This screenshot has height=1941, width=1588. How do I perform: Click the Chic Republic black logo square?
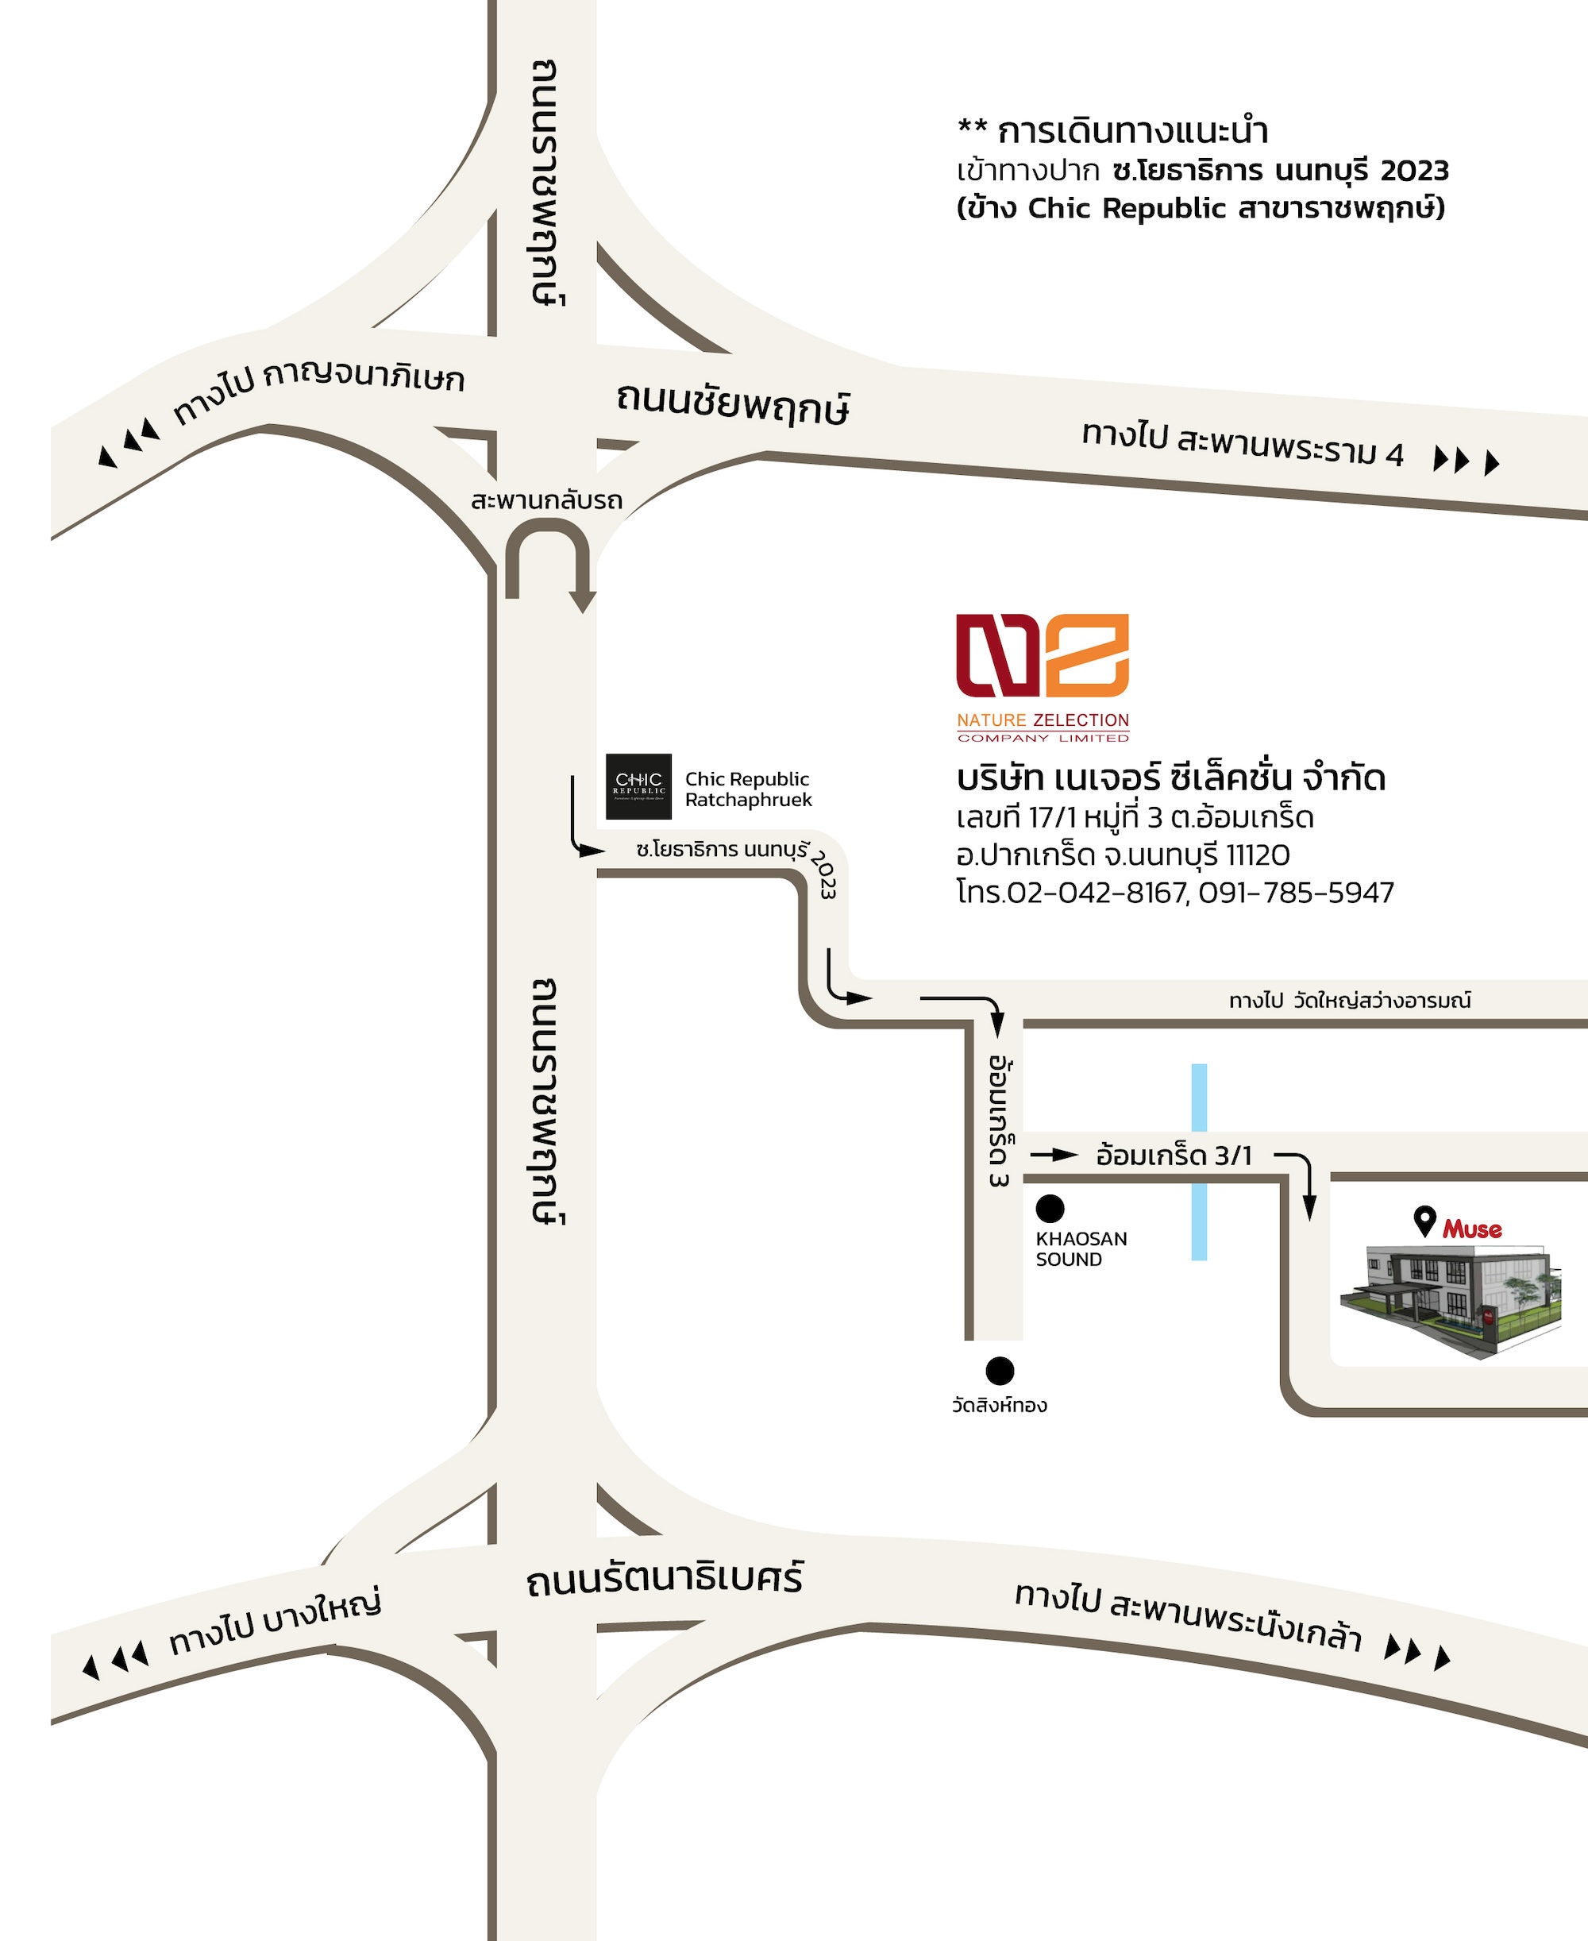(x=638, y=786)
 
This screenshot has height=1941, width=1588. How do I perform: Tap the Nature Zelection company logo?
(x=1043, y=677)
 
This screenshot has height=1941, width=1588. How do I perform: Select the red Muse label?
(x=1472, y=1229)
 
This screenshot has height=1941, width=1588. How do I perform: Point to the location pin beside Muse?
(x=1424, y=1221)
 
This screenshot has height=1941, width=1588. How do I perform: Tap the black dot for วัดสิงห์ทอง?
(x=1000, y=1370)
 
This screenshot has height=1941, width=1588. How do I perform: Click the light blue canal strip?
(x=1198, y=1162)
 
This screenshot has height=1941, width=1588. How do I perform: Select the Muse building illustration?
(x=1450, y=1300)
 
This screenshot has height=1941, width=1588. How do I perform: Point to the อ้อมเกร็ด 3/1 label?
(x=1174, y=1156)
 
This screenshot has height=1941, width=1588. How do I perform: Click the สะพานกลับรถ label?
(x=546, y=500)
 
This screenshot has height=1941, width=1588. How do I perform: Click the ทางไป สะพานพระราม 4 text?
(x=1243, y=445)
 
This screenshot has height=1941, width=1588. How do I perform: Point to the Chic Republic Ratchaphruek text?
(x=748, y=789)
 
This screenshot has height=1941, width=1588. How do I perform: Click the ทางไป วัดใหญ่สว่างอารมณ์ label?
(x=1349, y=1001)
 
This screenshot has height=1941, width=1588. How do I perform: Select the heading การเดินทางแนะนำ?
(x=1132, y=132)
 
